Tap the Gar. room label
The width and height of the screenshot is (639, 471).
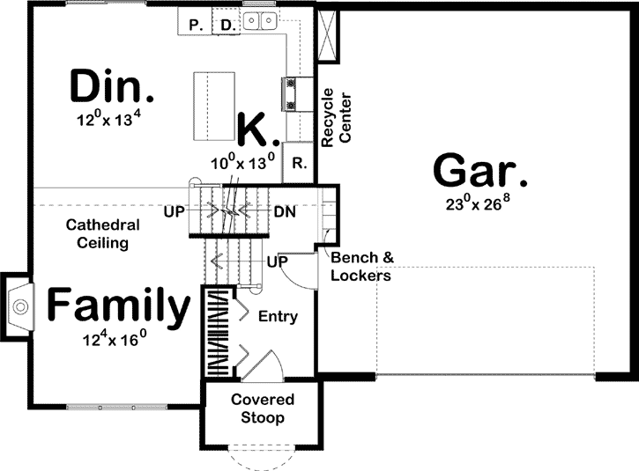480,170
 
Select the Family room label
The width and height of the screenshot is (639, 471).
118,306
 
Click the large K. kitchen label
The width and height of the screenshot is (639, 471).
258,129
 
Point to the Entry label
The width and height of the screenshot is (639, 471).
279,317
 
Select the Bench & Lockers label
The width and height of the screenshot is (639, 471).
360,266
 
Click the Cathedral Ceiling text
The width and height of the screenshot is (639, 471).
98,233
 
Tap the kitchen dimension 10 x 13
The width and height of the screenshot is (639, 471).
242,162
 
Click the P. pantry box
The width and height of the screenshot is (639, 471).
195,25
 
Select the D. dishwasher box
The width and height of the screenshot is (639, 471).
227,25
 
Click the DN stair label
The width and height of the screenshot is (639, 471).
284,212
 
